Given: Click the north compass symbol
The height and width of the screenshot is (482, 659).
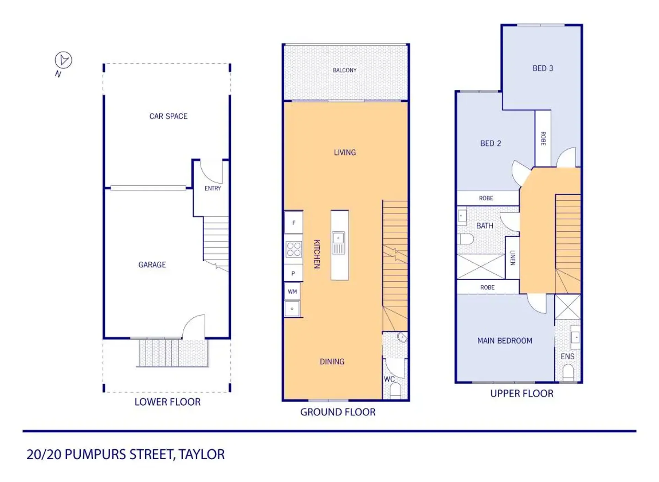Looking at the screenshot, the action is pyautogui.click(x=64, y=60).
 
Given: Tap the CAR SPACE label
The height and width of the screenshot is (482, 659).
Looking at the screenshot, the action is pyautogui.click(x=168, y=116).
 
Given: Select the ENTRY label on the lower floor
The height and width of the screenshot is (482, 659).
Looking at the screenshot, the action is pyautogui.click(x=213, y=188).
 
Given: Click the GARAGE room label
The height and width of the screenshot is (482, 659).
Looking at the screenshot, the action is pyautogui.click(x=152, y=265).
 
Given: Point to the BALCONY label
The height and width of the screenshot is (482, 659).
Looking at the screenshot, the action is pyautogui.click(x=344, y=70).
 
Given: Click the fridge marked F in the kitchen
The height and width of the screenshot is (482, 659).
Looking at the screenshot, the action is pyautogui.click(x=294, y=222).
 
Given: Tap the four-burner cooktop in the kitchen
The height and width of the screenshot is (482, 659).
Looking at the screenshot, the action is pyautogui.click(x=294, y=249).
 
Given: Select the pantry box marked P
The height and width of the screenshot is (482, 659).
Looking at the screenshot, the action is pyautogui.click(x=293, y=273).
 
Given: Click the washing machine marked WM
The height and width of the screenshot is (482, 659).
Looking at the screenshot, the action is pyautogui.click(x=293, y=292).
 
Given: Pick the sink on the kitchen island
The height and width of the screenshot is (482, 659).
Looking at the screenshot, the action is pyautogui.click(x=338, y=243).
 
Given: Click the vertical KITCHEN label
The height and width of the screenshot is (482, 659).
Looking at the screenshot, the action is pyautogui.click(x=317, y=254).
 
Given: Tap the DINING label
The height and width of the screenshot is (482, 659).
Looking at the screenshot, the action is pyautogui.click(x=332, y=362).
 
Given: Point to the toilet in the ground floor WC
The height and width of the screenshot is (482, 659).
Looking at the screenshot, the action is pyautogui.click(x=396, y=391).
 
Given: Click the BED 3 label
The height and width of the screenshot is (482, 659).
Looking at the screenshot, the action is pyautogui.click(x=543, y=68).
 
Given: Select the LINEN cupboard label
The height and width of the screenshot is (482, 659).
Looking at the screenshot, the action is pyautogui.click(x=512, y=258).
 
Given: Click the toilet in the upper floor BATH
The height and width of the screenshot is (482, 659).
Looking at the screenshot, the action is pyautogui.click(x=466, y=239).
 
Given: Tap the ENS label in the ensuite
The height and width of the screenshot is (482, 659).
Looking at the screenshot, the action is pyautogui.click(x=567, y=357).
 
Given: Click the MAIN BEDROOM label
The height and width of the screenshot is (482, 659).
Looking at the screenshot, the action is pyautogui.click(x=504, y=341).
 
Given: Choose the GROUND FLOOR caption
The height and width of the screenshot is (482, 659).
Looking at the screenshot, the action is pyautogui.click(x=338, y=412).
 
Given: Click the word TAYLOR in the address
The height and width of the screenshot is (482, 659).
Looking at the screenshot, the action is pyautogui.click(x=202, y=454).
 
